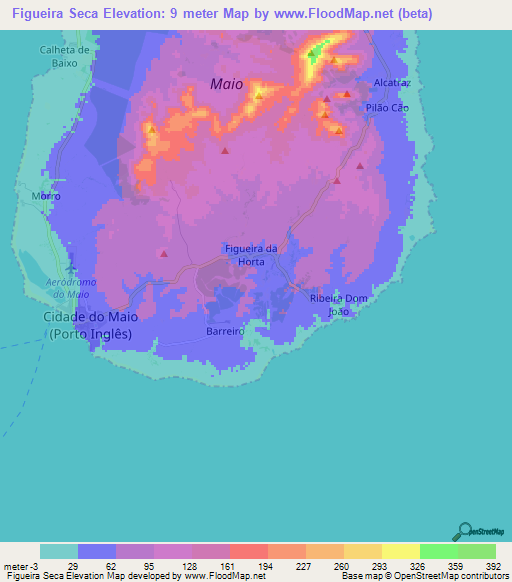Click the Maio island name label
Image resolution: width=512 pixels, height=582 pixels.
point(227,84)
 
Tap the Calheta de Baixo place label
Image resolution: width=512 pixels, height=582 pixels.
point(65,56)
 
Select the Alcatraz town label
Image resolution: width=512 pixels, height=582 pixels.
point(391,82)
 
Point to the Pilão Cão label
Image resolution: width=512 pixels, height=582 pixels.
point(388,107)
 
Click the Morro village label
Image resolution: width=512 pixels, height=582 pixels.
point(46,196)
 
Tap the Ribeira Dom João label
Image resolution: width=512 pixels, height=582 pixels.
point(340,304)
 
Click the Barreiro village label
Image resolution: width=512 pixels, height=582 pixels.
point(225,330)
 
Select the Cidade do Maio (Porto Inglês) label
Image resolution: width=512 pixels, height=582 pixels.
point(90,325)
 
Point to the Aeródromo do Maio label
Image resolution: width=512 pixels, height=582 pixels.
point(71,288)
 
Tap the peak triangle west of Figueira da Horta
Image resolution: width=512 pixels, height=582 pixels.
point(163,254)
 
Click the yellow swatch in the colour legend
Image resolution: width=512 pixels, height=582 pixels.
point(400,551)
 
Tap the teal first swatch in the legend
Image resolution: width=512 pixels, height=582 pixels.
point(59,551)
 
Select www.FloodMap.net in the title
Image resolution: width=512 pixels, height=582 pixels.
point(330,14)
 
